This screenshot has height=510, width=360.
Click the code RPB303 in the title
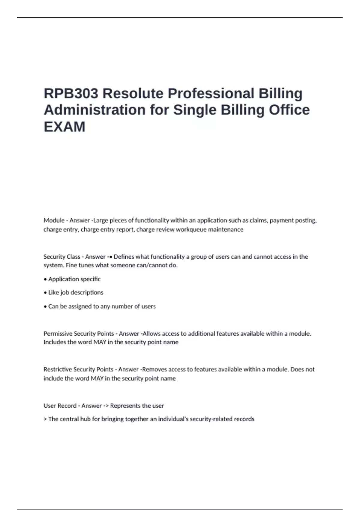point(71,93)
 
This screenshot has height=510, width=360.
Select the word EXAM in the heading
point(64,127)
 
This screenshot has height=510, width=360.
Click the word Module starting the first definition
point(54,220)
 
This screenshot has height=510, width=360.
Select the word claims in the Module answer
point(258,220)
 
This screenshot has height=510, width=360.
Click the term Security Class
point(62,257)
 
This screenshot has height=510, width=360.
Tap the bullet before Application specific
point(45,279)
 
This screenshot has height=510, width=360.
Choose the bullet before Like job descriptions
point(45,292)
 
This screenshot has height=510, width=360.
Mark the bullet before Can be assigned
point(45,307)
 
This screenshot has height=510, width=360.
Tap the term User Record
point(60,406)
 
